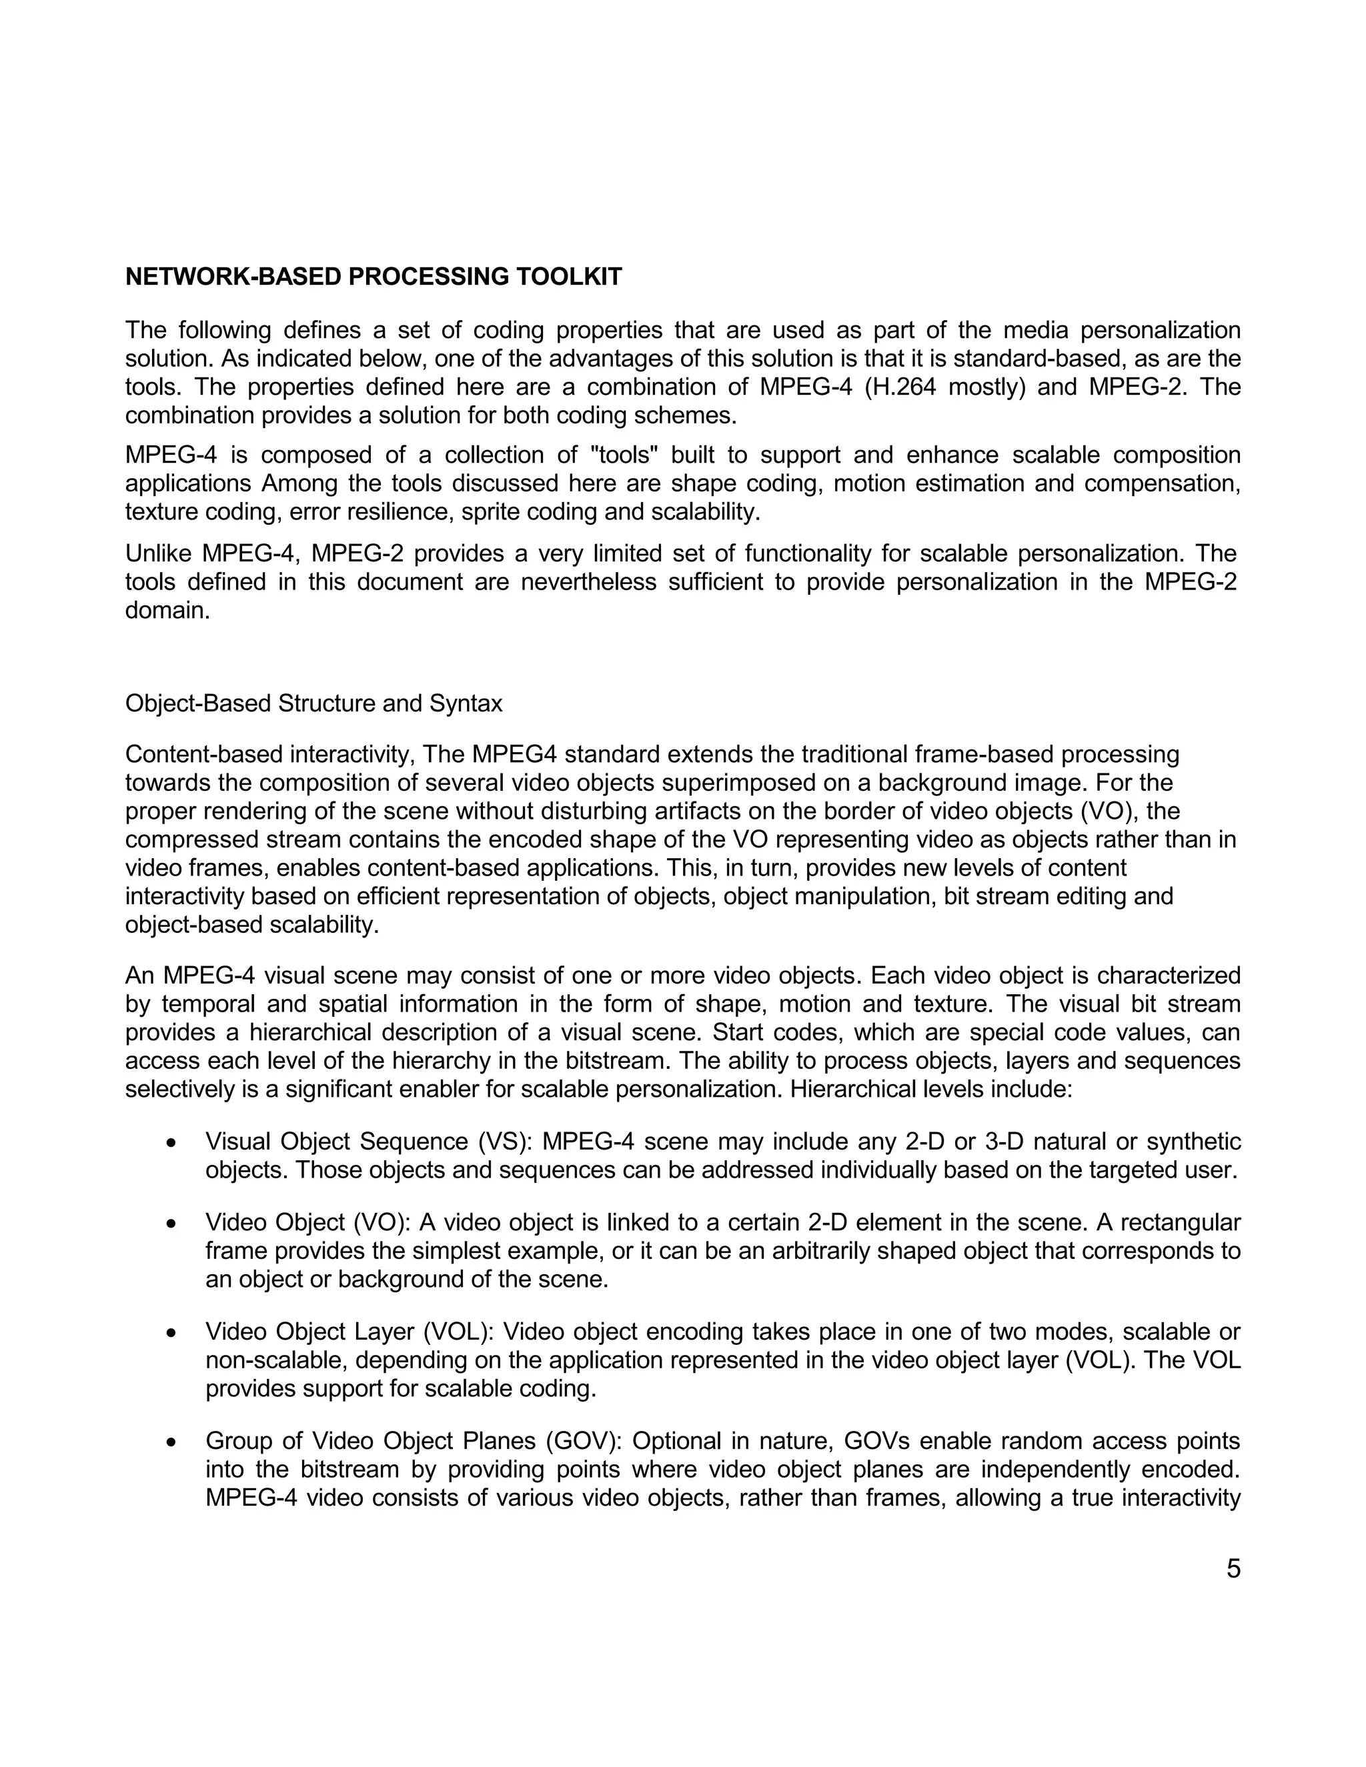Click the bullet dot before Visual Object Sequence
(x=171, y=1142)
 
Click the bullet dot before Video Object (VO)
(x=171, y=1224)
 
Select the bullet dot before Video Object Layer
(x=171, y=1332)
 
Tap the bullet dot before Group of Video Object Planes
(x=171, y=1441)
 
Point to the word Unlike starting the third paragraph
(x=159, y=554)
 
